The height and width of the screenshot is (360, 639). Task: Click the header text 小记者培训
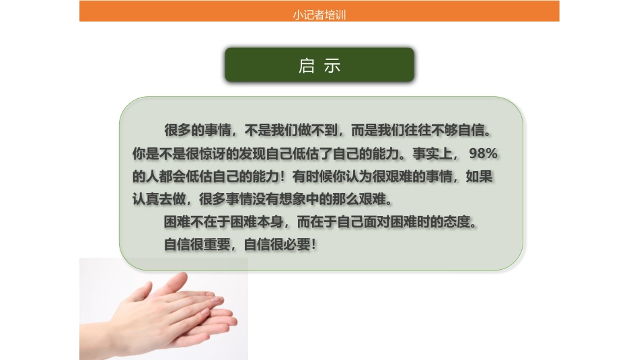pyautogui.click(x=319, y=15)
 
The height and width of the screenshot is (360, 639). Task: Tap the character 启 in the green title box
pyautogui.click(x=307, y=65)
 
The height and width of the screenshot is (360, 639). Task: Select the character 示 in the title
pyautogui.click(x=332, y=65)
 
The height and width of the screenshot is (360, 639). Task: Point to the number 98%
pyautogui.click(x=483, y=153)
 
